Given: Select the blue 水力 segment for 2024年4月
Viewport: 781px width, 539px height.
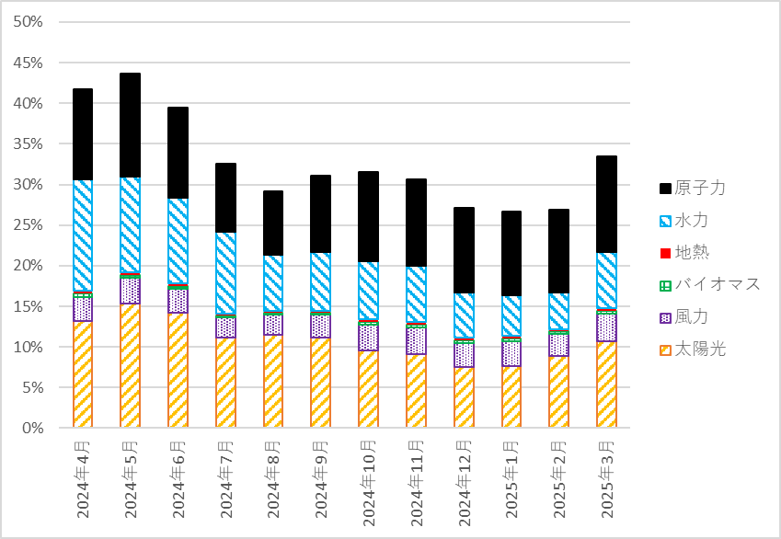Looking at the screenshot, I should tap(83, 235).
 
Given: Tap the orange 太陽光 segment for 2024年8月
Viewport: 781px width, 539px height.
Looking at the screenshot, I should tap(273, 381).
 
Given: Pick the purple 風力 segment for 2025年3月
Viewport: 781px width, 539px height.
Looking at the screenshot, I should tap(606, 327).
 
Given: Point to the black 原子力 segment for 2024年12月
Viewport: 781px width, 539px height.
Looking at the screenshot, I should tap(464, 250).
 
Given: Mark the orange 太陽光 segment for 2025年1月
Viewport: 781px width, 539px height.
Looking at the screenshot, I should tap(511, 396).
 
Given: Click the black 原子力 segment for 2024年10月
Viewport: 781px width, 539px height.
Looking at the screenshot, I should tap(368, 216).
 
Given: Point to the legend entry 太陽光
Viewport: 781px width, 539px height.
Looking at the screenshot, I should tap(698, 349).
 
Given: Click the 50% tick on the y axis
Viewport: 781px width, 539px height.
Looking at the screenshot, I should tap(29, 22).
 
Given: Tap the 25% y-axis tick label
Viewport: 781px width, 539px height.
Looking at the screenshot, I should tap(29, 225).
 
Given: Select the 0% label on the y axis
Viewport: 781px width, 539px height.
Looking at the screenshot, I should tap(32, 428).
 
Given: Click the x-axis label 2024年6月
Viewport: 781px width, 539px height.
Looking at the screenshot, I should tap(178, 478).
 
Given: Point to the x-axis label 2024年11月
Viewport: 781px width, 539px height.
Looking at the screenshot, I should tap(416, 482).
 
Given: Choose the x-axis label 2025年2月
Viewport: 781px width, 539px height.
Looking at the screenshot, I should tap(558, 478).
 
